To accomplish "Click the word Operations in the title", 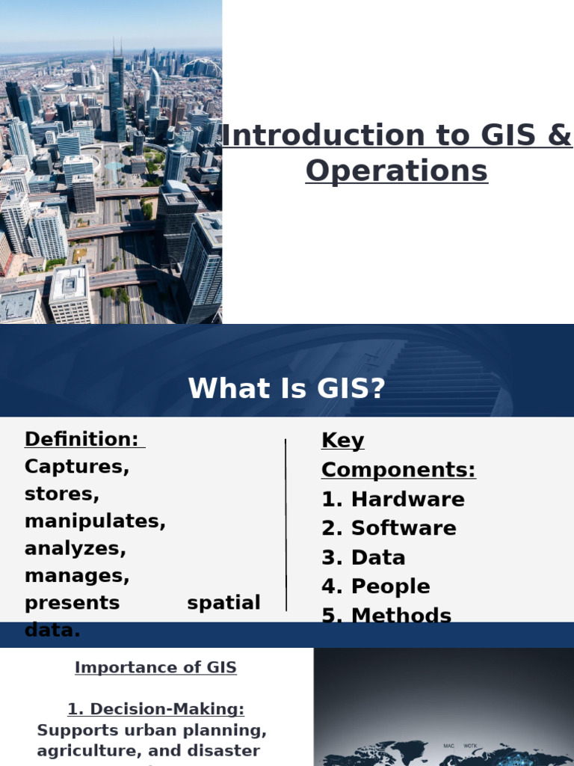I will pos(396,171).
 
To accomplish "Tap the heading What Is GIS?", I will pos(286,389).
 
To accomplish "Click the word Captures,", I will pos(77,467).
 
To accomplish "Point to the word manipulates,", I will pos(95,521).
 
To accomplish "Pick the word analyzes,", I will pos(75,548).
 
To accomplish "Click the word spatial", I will pos(223,603).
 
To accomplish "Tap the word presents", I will pos(72,603).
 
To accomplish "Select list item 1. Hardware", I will pos(393,499).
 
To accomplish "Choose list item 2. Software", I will pos(389,528).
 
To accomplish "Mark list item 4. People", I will pos(375,586).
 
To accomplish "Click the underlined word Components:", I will pos(398,470).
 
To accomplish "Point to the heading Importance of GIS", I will pos(155,668).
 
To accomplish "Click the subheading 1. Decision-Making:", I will pos(155,709).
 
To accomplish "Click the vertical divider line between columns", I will pos(286,524).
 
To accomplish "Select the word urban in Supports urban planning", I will pos(130,730).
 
